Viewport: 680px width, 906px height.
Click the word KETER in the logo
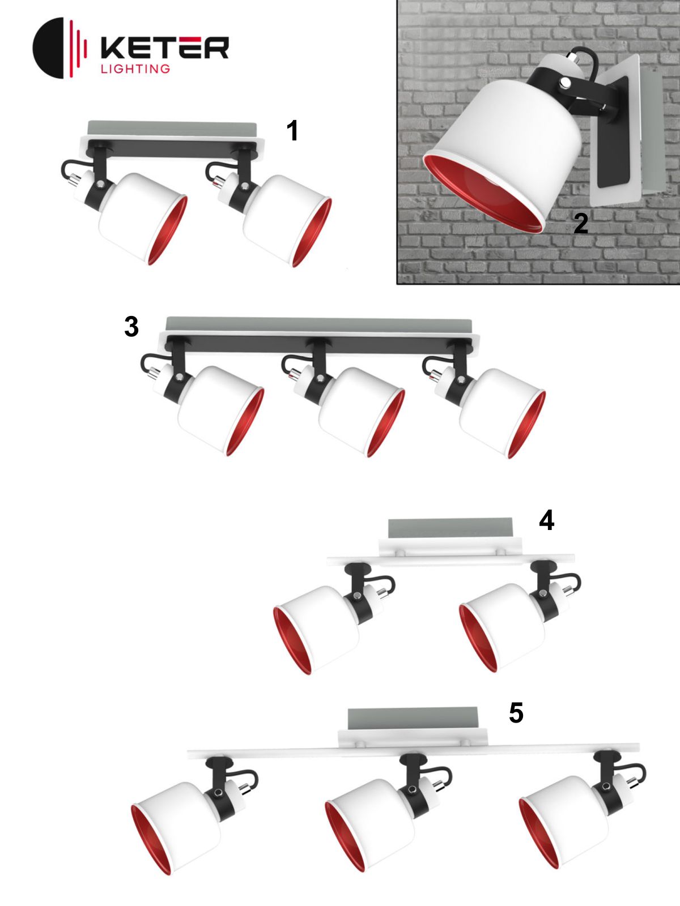tap(165, 48)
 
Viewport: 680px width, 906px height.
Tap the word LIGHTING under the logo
tap(135, 69)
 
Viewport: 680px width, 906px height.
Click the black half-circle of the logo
tap(48, 48)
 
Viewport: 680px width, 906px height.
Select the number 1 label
tap(292, 131)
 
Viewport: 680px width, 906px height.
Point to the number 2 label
tap(581, 224)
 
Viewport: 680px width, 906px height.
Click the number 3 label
tap(131, 327)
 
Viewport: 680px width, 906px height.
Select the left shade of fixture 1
tap(142, 218)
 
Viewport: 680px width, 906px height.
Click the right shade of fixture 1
tap(287, 220)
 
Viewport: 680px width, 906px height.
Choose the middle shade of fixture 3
tap(362, 412)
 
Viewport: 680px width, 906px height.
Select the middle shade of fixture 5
tap(369, 826)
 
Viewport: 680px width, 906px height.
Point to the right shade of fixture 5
tap(563, 823)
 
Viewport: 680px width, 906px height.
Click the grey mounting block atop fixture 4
tap(450, 528)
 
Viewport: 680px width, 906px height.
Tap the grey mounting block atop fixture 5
tap(413, 719)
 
